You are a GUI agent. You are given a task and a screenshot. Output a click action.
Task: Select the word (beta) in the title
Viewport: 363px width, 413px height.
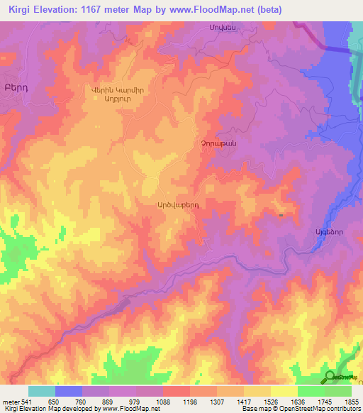tap(267, 9)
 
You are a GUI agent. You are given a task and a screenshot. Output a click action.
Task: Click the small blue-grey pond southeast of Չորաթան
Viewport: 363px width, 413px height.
tap(282, 214)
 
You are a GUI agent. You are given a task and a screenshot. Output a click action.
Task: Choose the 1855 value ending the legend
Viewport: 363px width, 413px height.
tap(351, 401)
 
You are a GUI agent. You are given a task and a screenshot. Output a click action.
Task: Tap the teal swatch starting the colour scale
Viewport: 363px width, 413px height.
tap(42, 391)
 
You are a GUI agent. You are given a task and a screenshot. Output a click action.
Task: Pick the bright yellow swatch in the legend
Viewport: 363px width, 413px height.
tap(284, 391)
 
